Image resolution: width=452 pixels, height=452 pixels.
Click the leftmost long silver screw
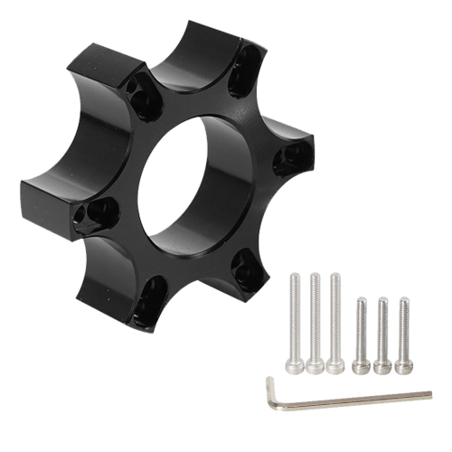(294, 321)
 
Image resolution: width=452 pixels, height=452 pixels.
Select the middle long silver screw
(315, 321)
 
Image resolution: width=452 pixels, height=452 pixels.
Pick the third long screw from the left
(335, 321)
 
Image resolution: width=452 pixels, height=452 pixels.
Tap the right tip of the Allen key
(430, 393)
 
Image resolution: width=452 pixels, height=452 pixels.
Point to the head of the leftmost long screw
(294, 365)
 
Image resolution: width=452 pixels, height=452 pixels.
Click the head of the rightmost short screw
(403, 365)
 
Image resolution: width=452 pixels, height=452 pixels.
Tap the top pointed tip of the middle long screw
(315, 275)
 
